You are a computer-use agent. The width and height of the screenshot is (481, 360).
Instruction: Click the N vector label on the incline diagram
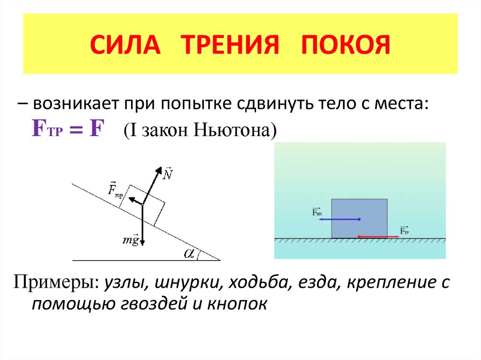tap(167, 174)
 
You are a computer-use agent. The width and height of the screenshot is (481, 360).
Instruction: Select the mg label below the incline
tap(131, 239)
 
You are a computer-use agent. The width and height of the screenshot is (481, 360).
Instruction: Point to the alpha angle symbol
tap(189, 253)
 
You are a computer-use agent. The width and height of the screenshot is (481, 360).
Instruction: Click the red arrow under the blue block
tap(378, 237)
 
